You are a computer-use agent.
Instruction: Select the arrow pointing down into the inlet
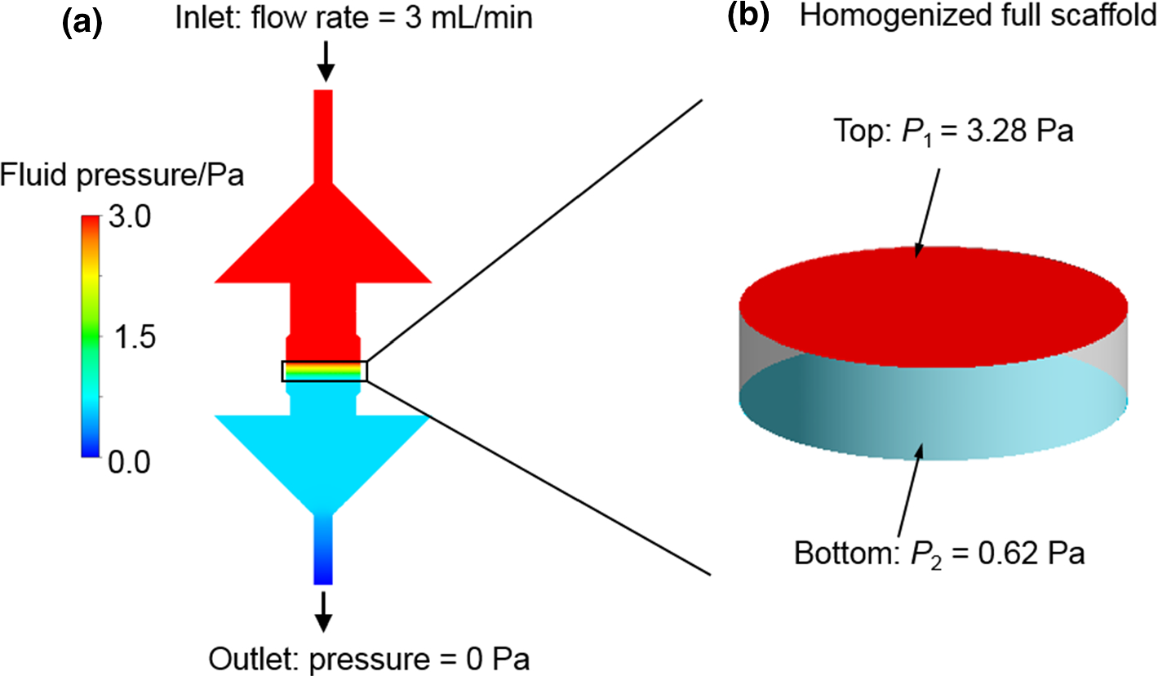(326, 61)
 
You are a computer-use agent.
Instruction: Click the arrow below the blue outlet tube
(324, 612)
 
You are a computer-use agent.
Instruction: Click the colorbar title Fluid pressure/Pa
(122, 174)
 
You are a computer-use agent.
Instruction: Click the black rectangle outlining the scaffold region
(324, 371)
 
